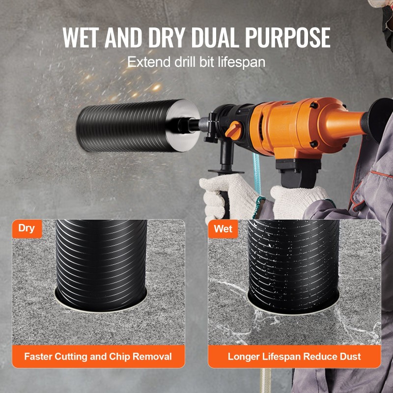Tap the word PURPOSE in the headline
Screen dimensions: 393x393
tap(287, 37)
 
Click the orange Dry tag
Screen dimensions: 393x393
tap(27, 228)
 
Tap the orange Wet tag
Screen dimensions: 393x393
tap(223, 229)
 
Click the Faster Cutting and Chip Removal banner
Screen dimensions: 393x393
tap(98, 356)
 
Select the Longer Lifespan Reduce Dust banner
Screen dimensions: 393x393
tap(294, 356)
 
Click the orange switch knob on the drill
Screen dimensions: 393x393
tap(234, 130)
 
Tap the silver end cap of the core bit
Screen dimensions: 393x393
tap(183, 125)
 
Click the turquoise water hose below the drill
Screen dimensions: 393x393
tap(256, 173)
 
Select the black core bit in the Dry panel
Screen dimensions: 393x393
tap(101, 265)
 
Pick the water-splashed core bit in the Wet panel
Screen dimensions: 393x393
tap(293, 267)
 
